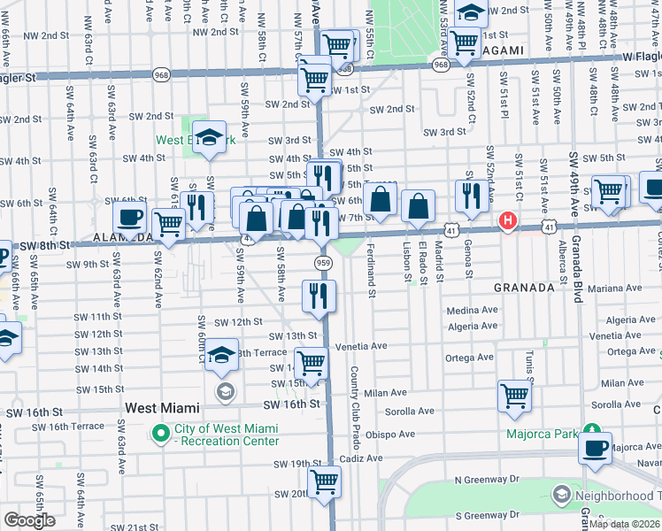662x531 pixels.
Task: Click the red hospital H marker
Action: [508, 220]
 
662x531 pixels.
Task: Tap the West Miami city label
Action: [162, 407]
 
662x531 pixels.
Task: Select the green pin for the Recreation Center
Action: [160, 434]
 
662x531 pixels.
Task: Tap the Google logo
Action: [28, 519]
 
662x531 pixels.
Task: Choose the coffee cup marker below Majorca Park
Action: [596, 447]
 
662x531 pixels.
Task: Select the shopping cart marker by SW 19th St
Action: [324, 482]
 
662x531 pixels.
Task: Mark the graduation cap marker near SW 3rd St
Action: [209, 138]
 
